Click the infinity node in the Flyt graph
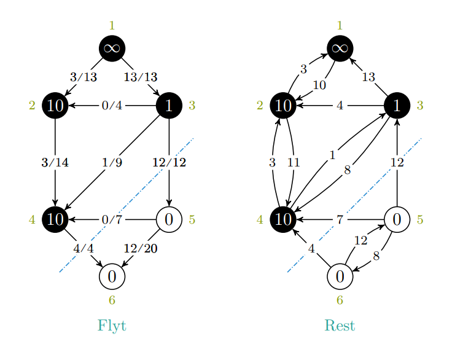112,49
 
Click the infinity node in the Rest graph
340,49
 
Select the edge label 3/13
83,77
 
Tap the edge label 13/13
141,77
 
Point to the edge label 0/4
112,106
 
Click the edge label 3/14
55,163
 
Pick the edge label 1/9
112,163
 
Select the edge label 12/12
169,163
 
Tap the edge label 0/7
112,219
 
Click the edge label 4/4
83,248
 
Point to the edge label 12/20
141,248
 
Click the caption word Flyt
112,325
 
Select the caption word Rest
340,325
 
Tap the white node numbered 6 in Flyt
112,276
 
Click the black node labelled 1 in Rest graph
397,106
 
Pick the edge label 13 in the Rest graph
368,77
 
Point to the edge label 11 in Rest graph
294,163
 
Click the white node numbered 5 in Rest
397,219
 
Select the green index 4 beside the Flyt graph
32,219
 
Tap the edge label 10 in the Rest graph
319,85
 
